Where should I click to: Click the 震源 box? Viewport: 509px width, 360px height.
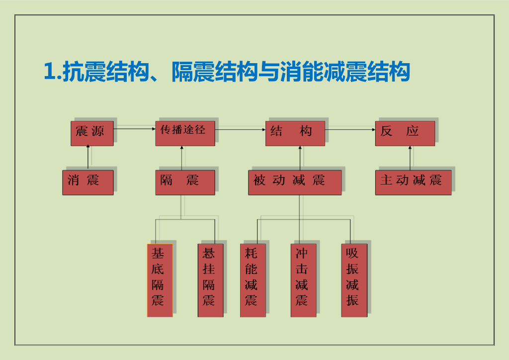pos(92,133)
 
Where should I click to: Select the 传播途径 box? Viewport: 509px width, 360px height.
pos(185,133)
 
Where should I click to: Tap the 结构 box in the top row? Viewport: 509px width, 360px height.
pos(295,133)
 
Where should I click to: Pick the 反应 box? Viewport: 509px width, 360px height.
pos(405,133)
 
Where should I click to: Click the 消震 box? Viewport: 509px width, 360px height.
pos(88,182)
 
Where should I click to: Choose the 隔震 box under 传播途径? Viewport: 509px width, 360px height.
pos(185,182)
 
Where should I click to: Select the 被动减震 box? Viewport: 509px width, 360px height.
pos(295,182)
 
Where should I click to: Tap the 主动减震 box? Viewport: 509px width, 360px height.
pos(413,182)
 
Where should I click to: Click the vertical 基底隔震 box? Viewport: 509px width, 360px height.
pos(160,280)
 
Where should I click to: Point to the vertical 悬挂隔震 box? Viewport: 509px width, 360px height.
pos(210,280)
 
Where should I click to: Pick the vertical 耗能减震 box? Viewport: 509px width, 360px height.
pos(253,280)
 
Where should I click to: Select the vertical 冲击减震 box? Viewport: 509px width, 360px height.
pos(303,280)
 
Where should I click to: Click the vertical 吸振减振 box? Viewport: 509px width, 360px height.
pos(354,280)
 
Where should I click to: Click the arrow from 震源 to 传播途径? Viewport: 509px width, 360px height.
pos(134,129)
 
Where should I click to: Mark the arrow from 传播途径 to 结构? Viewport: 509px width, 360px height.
pos(240,130)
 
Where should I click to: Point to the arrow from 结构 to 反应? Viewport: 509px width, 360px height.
pos(350,130)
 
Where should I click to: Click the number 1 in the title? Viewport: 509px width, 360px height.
pos(49,72)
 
